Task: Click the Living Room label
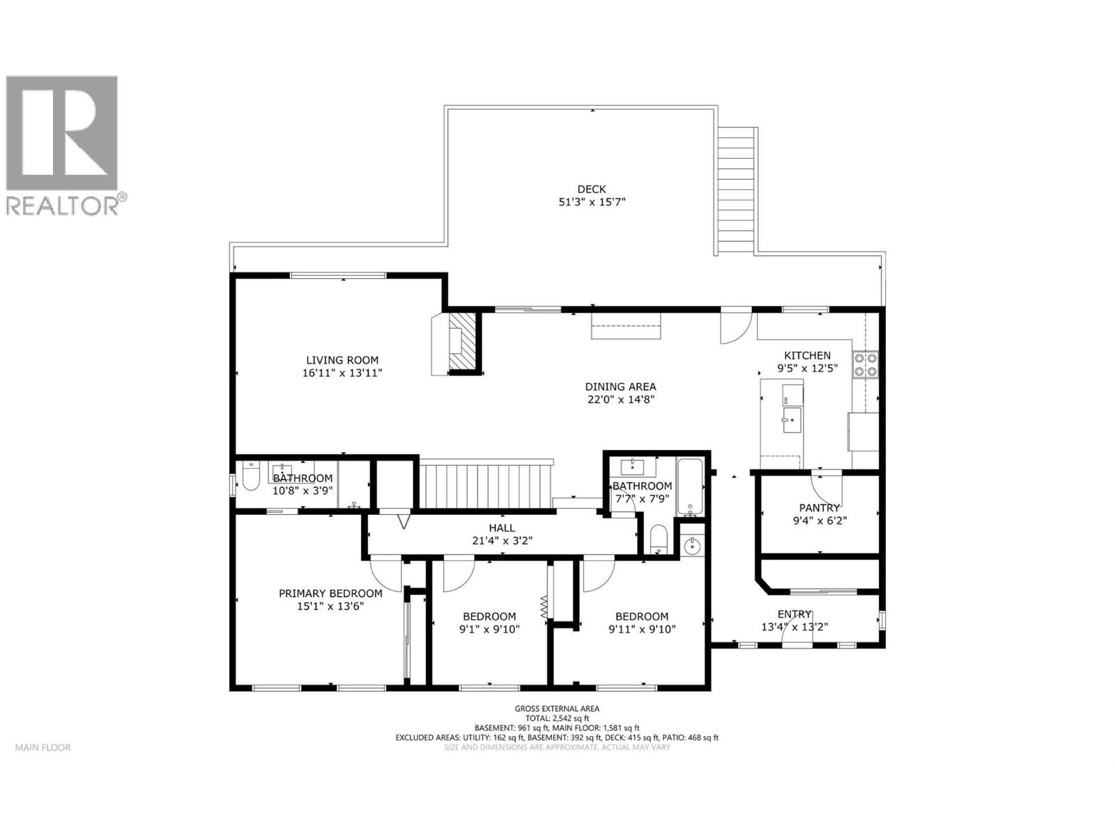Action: pos(342,360)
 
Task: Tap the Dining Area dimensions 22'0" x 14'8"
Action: pos(620,400)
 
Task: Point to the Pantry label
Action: pos(819,508)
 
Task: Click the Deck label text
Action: pos(591,189)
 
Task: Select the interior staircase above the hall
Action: pos(486,484)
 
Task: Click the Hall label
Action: pos(502,528)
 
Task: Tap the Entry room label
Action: pos(794,614)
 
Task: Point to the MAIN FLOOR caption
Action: pos(43,748)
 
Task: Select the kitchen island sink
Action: pos(792,421)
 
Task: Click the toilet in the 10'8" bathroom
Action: pos(250,479)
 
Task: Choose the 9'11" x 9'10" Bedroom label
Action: pos(641,617)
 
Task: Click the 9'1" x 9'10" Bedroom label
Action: pos(489,617)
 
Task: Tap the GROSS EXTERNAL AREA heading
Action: pos(557,709)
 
